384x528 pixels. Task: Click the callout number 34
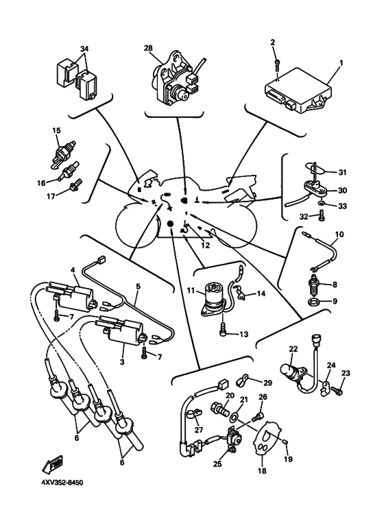(84, 49)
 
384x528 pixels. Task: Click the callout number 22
(293, 348)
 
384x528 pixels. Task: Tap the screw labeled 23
(337, 389)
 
